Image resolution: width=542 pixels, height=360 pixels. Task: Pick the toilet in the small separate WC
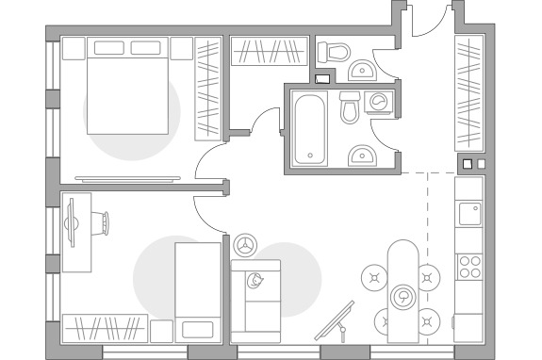335,51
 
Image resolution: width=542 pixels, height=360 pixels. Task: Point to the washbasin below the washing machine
362,154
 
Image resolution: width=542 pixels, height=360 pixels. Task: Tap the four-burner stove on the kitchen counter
468,266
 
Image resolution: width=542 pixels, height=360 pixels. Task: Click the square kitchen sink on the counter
468,213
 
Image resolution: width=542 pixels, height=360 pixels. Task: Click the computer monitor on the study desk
72,222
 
